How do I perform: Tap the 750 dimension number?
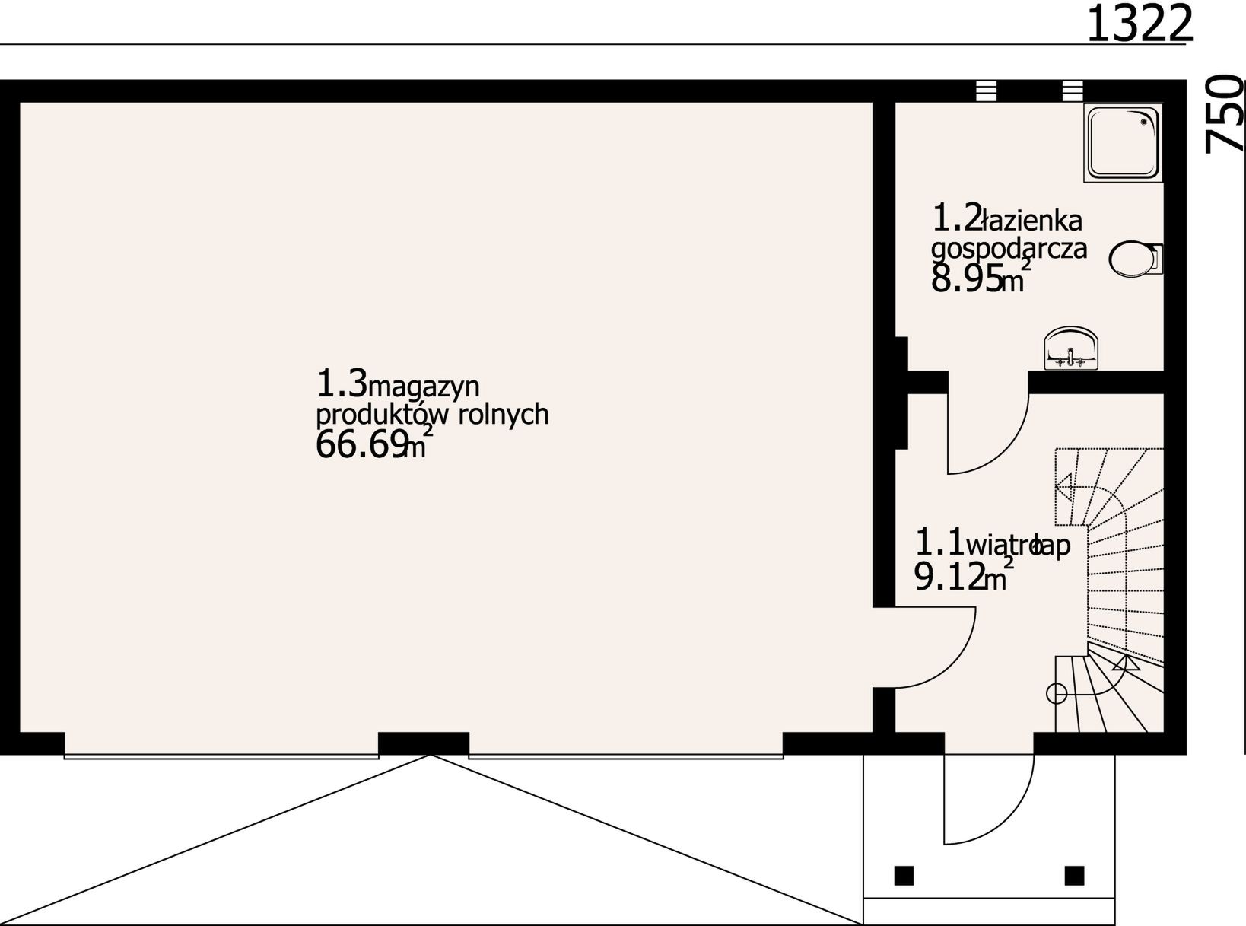click(1225, 114)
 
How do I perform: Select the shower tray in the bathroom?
click(1124, 143)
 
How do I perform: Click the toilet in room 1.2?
click(1135, 259)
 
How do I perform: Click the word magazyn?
click(424, 387)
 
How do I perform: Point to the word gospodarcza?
click(1009, 248)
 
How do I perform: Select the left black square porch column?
click(903, 875)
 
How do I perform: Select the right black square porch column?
click(1074, 875)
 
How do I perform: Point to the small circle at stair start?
click(1056, 693)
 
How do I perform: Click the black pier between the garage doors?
click(423, 742)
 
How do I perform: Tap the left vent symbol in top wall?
click(986, 91)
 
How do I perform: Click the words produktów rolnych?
click(431, 415)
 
